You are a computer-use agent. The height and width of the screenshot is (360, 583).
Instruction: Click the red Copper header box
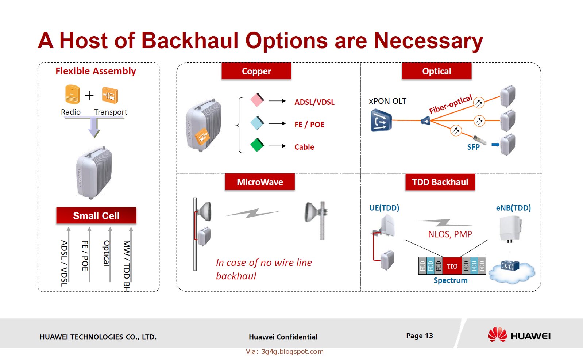point(256,71)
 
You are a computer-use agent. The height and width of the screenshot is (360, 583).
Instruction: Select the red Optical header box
point(436,71)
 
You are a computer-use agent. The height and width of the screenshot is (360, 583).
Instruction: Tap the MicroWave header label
point(260,182)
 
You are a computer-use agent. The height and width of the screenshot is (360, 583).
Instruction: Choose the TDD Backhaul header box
point(440,182)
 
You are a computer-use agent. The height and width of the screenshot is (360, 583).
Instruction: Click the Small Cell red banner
point(96,215)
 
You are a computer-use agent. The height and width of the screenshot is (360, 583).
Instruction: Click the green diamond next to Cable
point(257,145)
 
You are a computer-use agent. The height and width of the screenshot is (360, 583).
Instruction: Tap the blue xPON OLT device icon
point(381,121)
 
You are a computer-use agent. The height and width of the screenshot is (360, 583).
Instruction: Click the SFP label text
point(473,147)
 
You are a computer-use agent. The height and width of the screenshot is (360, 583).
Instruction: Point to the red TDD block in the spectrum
point(452,266)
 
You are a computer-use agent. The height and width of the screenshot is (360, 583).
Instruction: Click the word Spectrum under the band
point(450,280)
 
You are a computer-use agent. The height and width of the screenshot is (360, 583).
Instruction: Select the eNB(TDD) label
point(513,208)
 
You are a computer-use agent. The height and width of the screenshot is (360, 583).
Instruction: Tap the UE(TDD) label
point(384,208)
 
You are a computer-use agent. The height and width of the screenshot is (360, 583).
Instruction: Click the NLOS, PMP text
point(450,234)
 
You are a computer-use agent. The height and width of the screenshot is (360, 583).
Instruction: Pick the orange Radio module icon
point(72,94)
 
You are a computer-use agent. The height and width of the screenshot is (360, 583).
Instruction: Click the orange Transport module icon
point(110,95)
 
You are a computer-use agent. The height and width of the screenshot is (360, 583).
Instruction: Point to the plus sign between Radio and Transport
point(89,95)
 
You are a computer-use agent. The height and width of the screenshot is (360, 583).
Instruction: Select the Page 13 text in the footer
point(419,336)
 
